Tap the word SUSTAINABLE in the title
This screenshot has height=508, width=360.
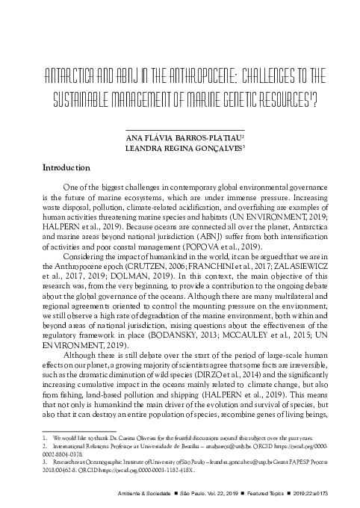[89, 100]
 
